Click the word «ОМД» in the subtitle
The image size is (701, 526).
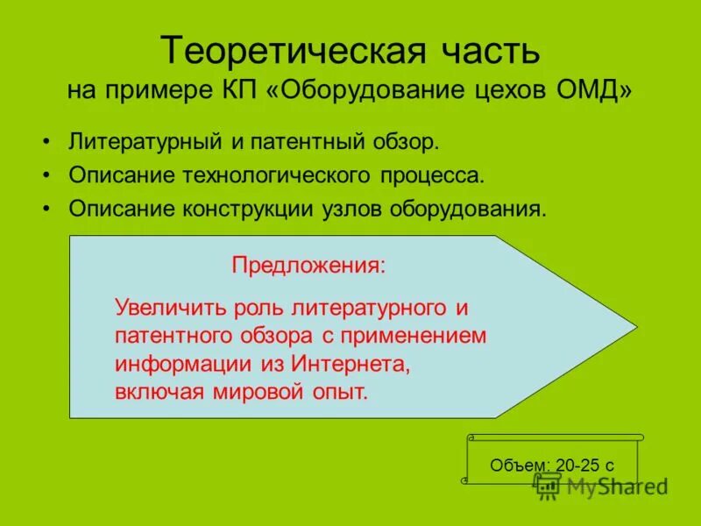click(x=600, y=91)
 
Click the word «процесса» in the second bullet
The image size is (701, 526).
click(x=431, y=175)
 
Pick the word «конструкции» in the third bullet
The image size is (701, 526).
click(x=244, y=210)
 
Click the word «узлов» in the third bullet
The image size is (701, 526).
click(x=349, y=210)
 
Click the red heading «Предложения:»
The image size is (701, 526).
click(x=308, y=265)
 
